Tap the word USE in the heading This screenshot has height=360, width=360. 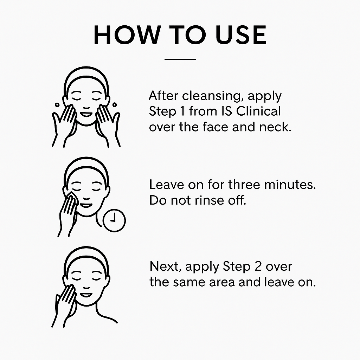(241, 35)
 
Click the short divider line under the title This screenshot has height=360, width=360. (180, 59)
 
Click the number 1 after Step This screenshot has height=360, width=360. (182, 111)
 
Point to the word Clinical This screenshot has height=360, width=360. (258, 111)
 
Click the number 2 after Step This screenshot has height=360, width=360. (258, 266)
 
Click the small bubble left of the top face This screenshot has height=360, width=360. (57, 105)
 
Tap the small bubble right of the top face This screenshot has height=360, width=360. (114, 105)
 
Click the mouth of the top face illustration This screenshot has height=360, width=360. (86, 114)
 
